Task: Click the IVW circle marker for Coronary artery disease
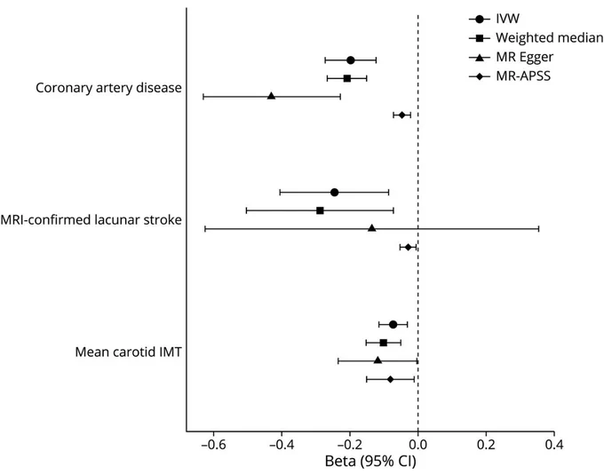351,60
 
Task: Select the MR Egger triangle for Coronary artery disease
271,96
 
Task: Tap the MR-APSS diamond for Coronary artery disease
402,115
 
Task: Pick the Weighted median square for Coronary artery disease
347,78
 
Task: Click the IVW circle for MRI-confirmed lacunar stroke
334,192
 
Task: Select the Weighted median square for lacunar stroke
320,210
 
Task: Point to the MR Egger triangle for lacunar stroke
371,228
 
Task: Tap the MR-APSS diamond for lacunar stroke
409,247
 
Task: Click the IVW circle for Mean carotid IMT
393,324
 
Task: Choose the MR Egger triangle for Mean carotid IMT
377,360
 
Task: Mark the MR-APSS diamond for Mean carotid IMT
391,379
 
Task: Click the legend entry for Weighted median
549,37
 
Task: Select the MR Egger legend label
524,57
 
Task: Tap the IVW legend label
508,19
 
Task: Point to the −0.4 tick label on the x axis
282,445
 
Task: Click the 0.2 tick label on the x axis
486,445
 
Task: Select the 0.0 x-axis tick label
418,445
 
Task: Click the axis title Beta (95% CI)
370,461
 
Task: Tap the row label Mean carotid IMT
128,352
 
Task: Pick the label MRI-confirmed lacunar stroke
91,220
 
